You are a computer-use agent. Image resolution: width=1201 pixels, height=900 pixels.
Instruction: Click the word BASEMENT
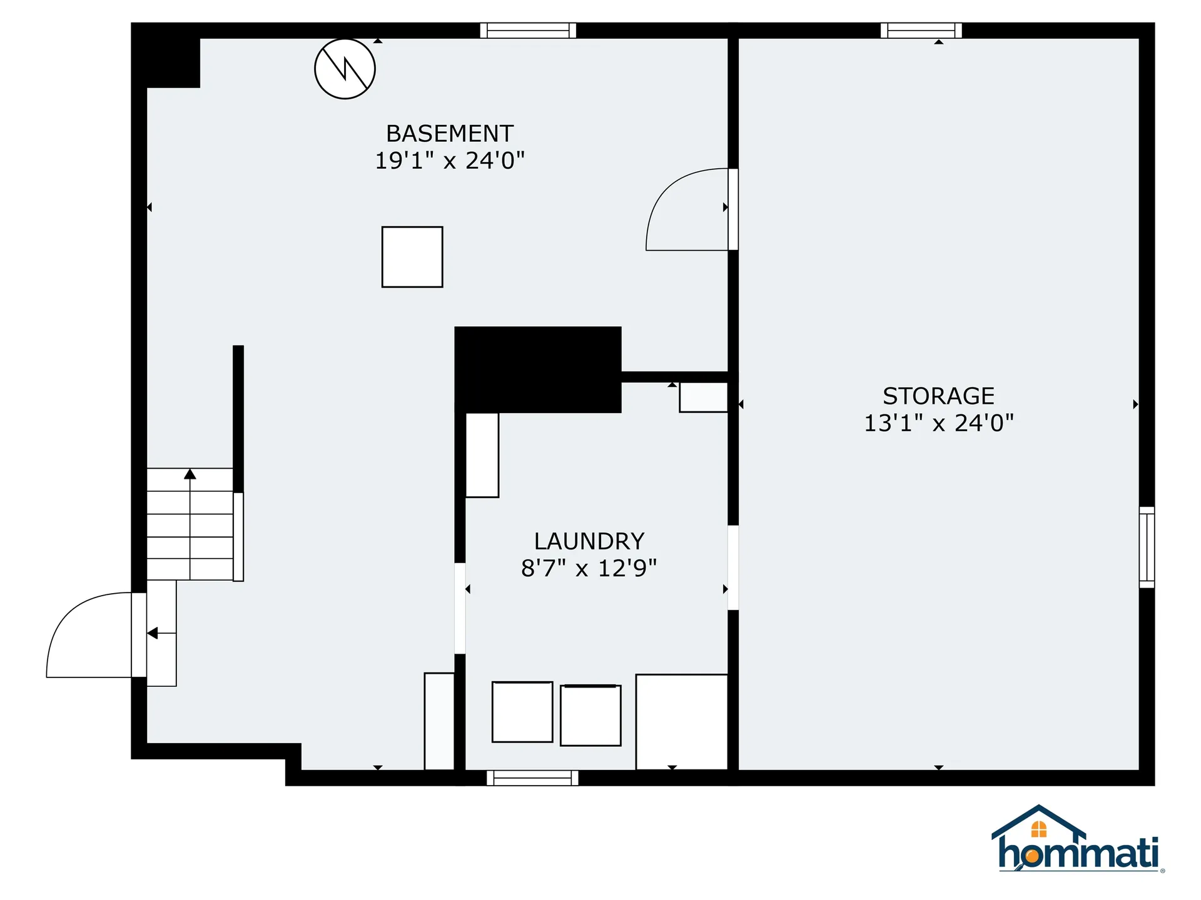450,134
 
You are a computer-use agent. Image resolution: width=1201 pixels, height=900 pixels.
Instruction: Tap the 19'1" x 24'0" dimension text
450,161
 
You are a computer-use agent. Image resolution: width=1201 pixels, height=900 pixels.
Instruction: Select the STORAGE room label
938,396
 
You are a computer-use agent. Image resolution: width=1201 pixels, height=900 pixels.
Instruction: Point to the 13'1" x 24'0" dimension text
938,424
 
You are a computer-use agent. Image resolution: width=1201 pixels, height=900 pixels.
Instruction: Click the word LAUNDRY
589,541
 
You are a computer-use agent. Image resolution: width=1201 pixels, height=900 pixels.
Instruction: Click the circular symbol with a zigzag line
345,69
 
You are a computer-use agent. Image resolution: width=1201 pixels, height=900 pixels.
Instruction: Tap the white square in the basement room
412,257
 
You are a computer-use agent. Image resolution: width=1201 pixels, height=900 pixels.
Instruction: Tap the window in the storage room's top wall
921,30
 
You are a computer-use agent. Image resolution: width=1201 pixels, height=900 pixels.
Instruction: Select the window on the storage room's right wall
1147,547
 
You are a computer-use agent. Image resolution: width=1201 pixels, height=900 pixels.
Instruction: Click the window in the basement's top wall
528,30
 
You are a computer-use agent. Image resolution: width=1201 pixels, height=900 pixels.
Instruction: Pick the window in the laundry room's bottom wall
532,778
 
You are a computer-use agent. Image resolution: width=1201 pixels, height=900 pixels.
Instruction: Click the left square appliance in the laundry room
522,712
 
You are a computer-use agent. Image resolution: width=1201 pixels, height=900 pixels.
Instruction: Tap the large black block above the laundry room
538,369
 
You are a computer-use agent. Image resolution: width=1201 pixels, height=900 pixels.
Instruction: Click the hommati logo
1077,841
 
